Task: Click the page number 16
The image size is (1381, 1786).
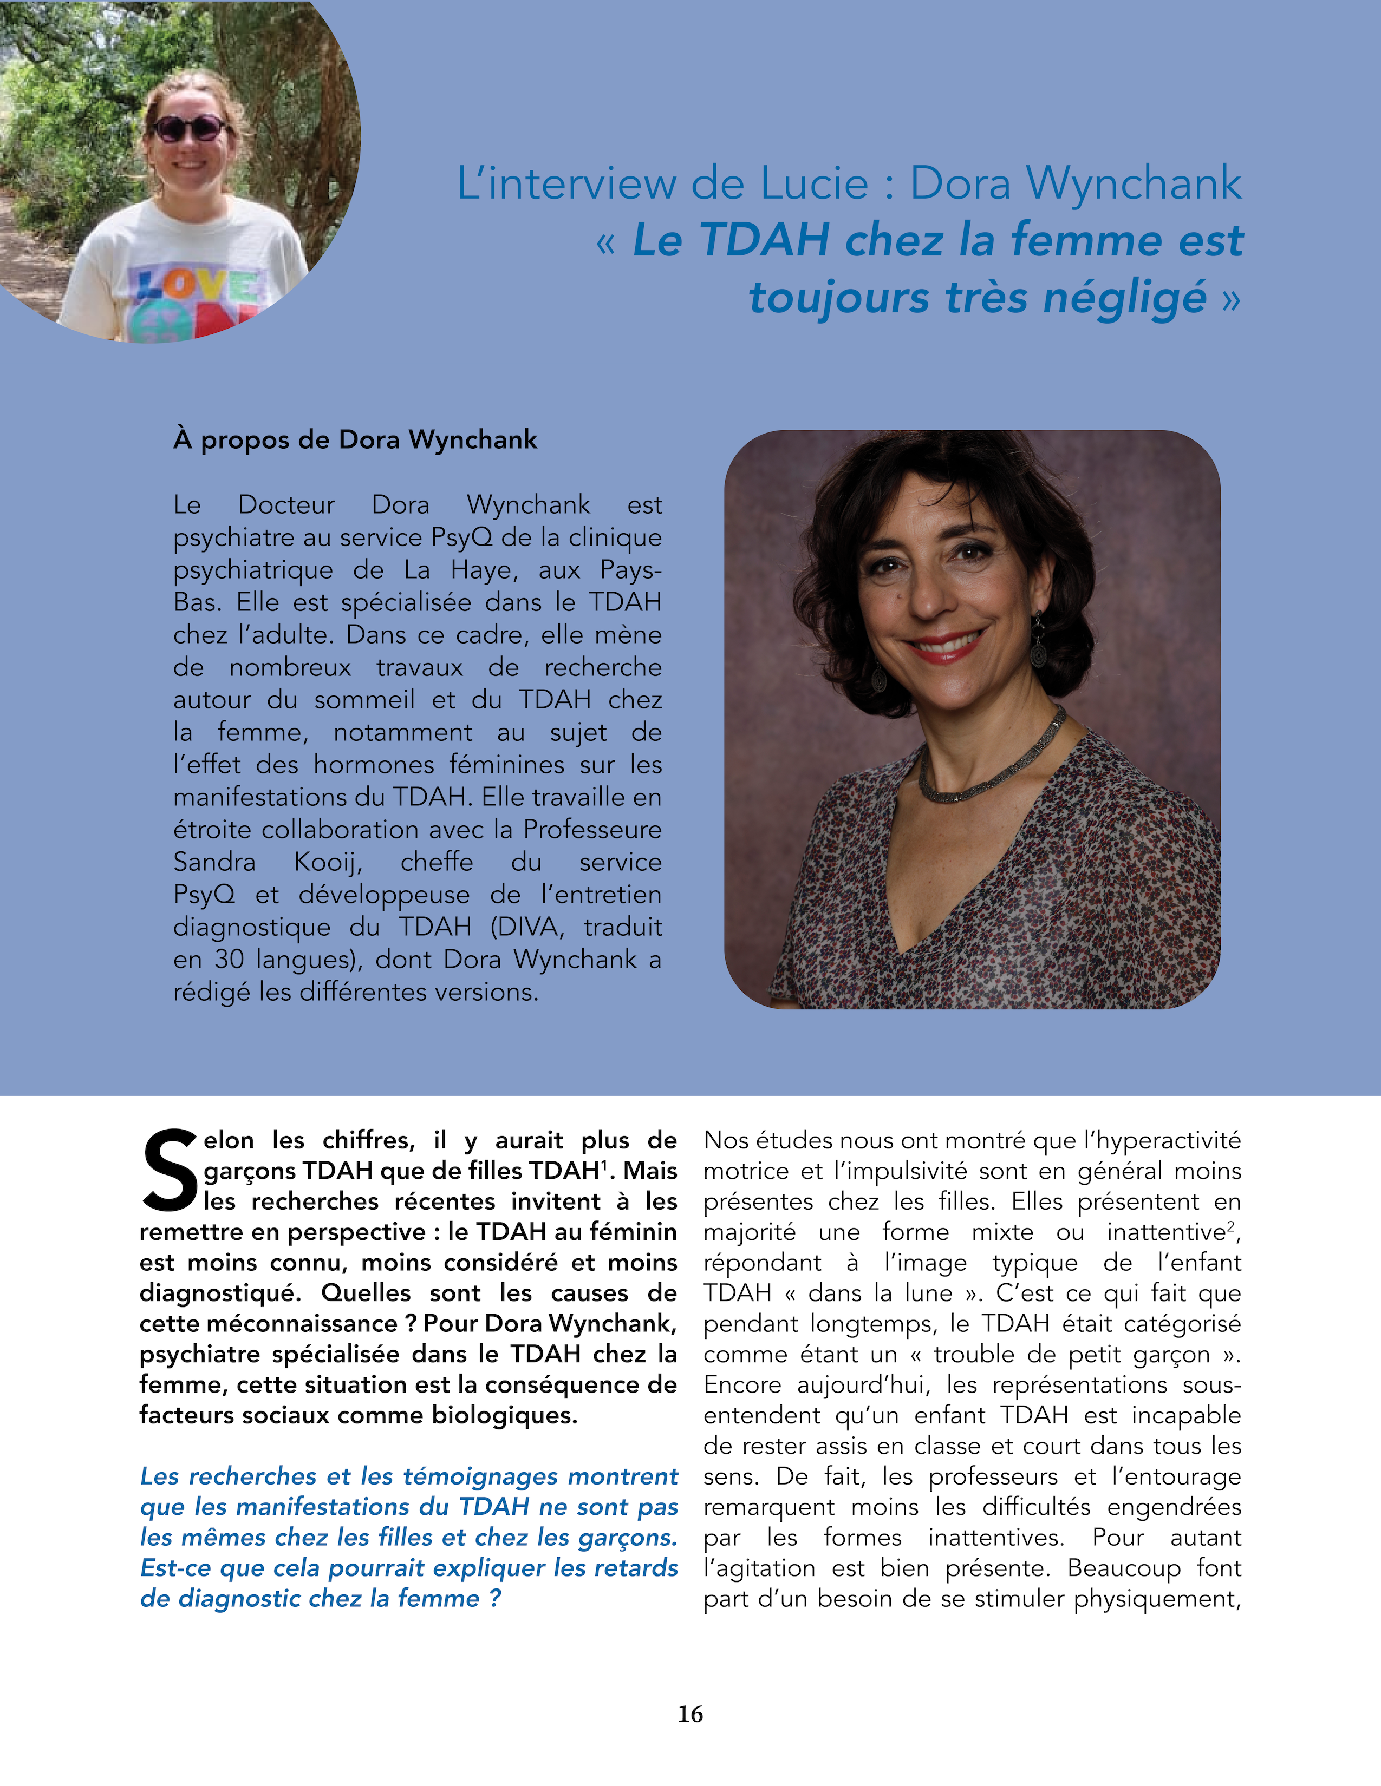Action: click(x=689, y=1714)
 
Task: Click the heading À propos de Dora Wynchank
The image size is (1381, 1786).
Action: click(x=355, y=440)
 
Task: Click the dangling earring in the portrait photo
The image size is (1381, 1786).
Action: click(x=1038, y=642)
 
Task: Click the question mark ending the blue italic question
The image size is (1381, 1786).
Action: click(x=494, y=1599)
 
